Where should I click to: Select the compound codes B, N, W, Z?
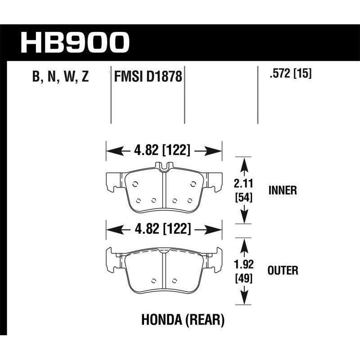click(x=60, y=77)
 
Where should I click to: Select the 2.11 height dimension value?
click(x=243, y=183)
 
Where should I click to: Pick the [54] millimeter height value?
click(x=243, y=197)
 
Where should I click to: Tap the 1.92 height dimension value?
click(x=243, y=264)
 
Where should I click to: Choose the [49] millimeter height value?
click(x=243, y=278)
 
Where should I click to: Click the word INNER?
click(x=282, y=190)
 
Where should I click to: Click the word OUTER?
click(x=282, y=270)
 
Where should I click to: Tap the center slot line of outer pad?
click(x=164, y=270)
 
